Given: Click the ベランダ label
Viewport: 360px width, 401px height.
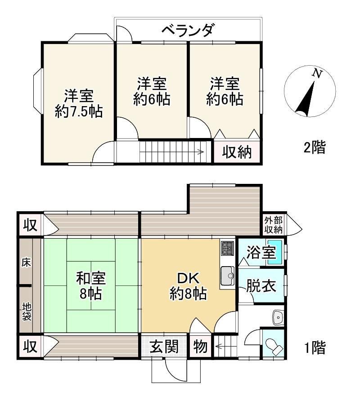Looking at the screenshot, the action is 188,30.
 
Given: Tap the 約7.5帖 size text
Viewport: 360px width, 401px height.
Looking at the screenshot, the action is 79,111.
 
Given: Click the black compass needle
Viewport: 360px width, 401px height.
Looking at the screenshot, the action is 305,98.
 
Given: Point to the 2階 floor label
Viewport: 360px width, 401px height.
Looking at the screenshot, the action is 315,147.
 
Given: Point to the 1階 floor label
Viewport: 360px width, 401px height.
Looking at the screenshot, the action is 315,348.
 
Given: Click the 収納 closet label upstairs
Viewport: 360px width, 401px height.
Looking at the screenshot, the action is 237,152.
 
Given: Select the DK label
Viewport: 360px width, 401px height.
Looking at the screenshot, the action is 188,278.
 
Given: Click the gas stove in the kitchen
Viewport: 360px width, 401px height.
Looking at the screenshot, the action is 227,248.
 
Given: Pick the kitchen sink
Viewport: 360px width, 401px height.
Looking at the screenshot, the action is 227,276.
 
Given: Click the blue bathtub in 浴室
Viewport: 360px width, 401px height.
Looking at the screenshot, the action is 275,252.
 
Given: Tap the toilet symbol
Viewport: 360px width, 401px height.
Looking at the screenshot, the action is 274,346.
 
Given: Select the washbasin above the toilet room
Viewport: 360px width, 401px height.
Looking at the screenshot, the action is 278,318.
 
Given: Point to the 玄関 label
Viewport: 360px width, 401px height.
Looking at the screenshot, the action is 164,347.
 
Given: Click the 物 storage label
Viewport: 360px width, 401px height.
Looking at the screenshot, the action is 200,347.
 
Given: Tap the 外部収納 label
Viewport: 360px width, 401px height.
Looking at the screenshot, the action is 274,225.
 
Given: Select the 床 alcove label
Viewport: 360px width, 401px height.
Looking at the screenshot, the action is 26,263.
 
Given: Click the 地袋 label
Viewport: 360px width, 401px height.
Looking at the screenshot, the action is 27,312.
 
